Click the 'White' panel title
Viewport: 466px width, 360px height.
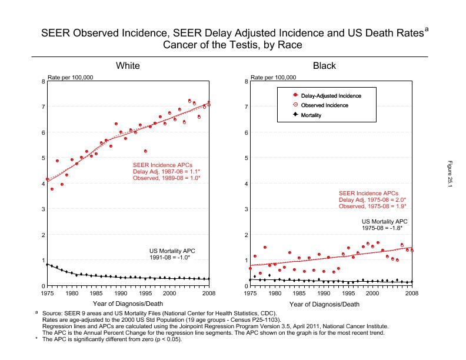[128, 65]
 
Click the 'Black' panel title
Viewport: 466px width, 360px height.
[324, 65]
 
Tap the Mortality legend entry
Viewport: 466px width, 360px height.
[311, 116]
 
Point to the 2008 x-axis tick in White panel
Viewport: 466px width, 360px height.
[209, 292]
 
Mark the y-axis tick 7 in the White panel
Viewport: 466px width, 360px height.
[42, 106]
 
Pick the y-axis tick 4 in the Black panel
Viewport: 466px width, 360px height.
[245, 184]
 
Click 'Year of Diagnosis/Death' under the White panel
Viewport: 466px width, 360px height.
[128, 304]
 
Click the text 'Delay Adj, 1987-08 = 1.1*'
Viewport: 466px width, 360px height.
[167, 171]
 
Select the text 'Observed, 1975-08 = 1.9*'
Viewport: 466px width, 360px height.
[372, 206]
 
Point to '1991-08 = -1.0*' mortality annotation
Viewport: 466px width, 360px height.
[172, 257]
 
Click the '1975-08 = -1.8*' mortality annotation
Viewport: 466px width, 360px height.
[385, 228]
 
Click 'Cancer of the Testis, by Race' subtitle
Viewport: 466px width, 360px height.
[232, 45]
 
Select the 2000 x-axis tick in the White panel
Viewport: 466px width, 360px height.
[169, 292]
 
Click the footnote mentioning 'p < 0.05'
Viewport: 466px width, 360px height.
[112, 339]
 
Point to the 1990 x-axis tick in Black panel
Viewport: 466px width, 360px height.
[323, 292]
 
